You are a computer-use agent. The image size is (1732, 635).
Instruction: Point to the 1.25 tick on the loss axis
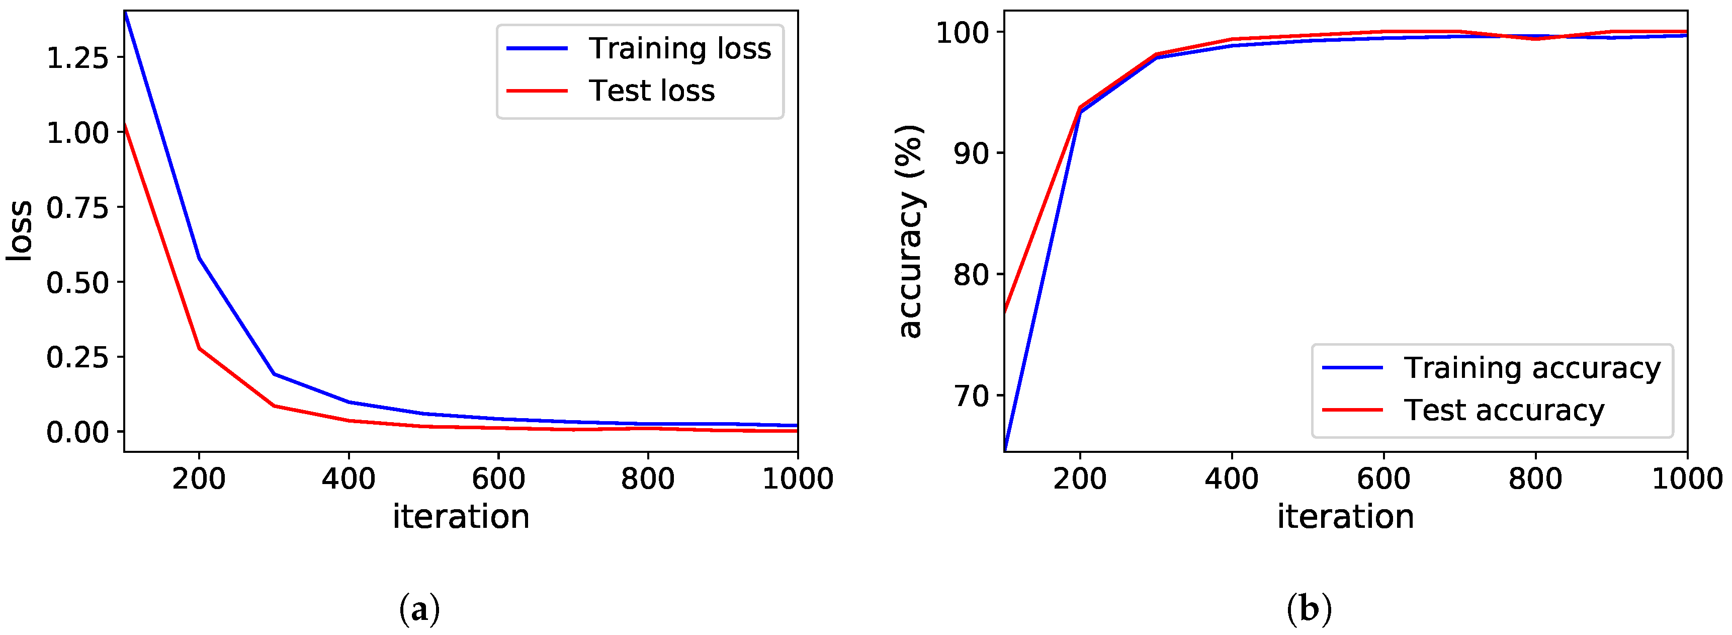[76, 58]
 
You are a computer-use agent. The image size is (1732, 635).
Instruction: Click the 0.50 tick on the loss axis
[76, 282]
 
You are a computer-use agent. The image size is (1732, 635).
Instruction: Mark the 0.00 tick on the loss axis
[76, 432]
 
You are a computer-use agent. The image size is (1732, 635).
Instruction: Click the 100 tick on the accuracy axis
[966, 32]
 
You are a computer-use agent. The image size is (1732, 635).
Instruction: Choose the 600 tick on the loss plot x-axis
[498, 479]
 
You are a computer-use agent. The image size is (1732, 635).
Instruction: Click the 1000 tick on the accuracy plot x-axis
[1687, 479]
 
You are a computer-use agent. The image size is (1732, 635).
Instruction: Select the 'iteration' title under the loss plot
[461, 517]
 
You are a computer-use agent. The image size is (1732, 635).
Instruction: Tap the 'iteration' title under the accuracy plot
[1345, 517]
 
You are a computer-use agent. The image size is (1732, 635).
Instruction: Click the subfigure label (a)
[419, 609]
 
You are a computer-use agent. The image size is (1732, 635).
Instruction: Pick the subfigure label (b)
[1309, 609]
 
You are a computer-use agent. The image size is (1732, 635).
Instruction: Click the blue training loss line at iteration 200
[199, 258]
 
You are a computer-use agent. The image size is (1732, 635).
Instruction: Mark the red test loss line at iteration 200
[199, 348]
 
